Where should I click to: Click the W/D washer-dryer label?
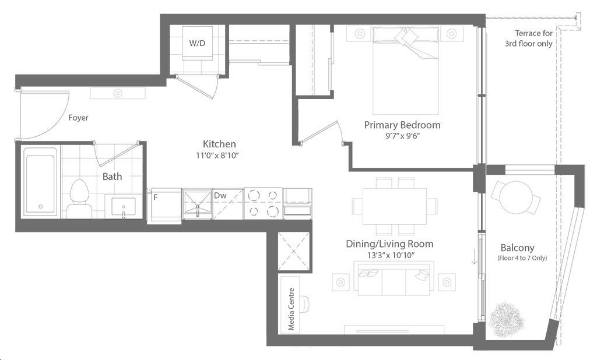(197, 43)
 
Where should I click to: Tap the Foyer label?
(79, 118)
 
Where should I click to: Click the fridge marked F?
(164, 204)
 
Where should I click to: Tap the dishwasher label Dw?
(220, 196)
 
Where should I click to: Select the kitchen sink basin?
(197, 203)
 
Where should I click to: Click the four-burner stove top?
(263, 203)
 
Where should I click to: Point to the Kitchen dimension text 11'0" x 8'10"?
(219, 156)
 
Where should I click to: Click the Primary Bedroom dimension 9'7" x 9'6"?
(402, 136)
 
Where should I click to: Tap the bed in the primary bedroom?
(406, 70)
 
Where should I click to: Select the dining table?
(395, 206)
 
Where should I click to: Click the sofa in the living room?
(394, 278)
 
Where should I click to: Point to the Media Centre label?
(292, 309)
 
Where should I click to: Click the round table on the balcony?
(515, 198)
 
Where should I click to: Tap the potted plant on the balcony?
(505, 319)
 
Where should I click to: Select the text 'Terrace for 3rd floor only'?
(529, 38)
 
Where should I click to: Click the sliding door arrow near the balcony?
(474, 257)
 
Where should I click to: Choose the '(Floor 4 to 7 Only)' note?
(522, 258)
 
